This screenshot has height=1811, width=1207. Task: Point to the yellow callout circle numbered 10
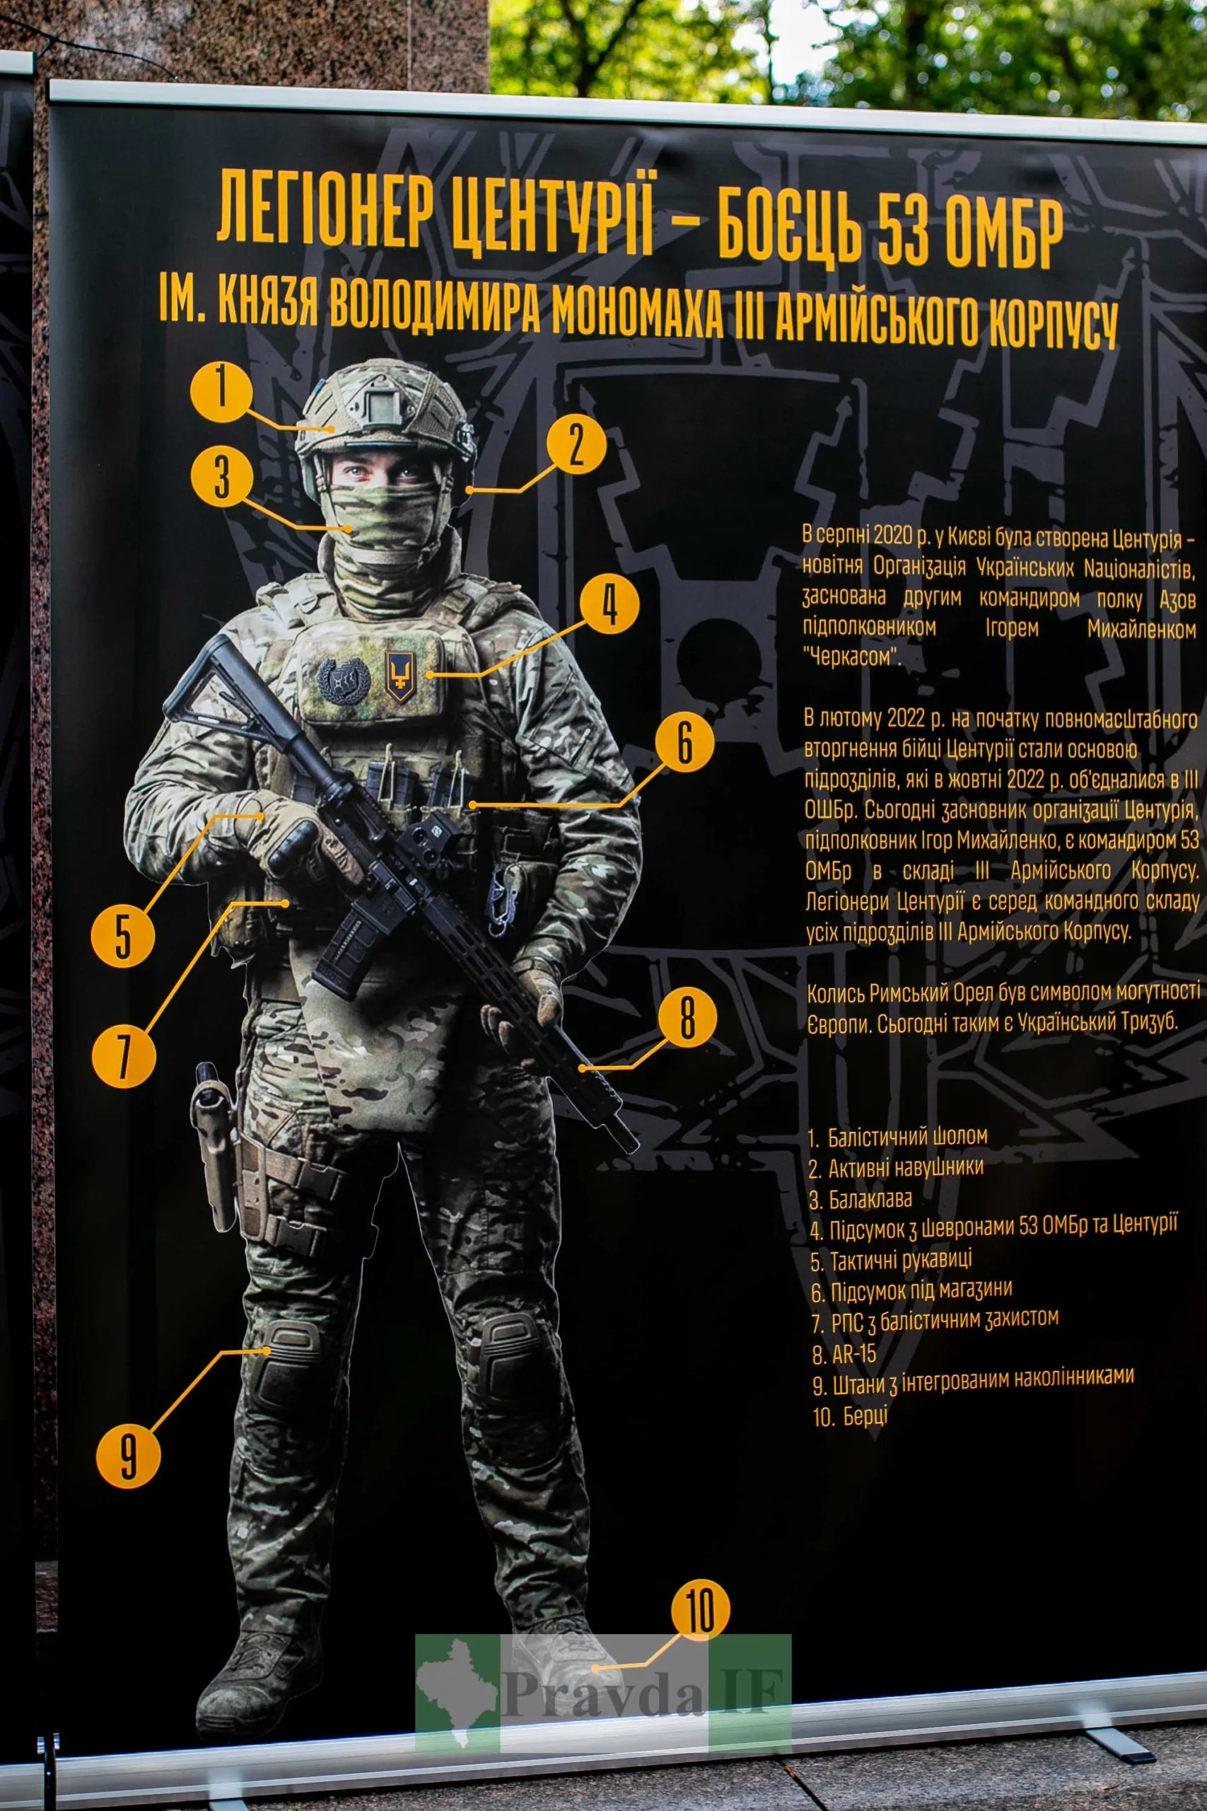click(700, 1611)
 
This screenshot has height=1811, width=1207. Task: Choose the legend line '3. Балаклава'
click(861, 1199)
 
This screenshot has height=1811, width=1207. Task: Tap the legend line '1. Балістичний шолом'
click(897, 1137)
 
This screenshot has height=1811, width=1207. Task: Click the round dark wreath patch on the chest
click(344, 681)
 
